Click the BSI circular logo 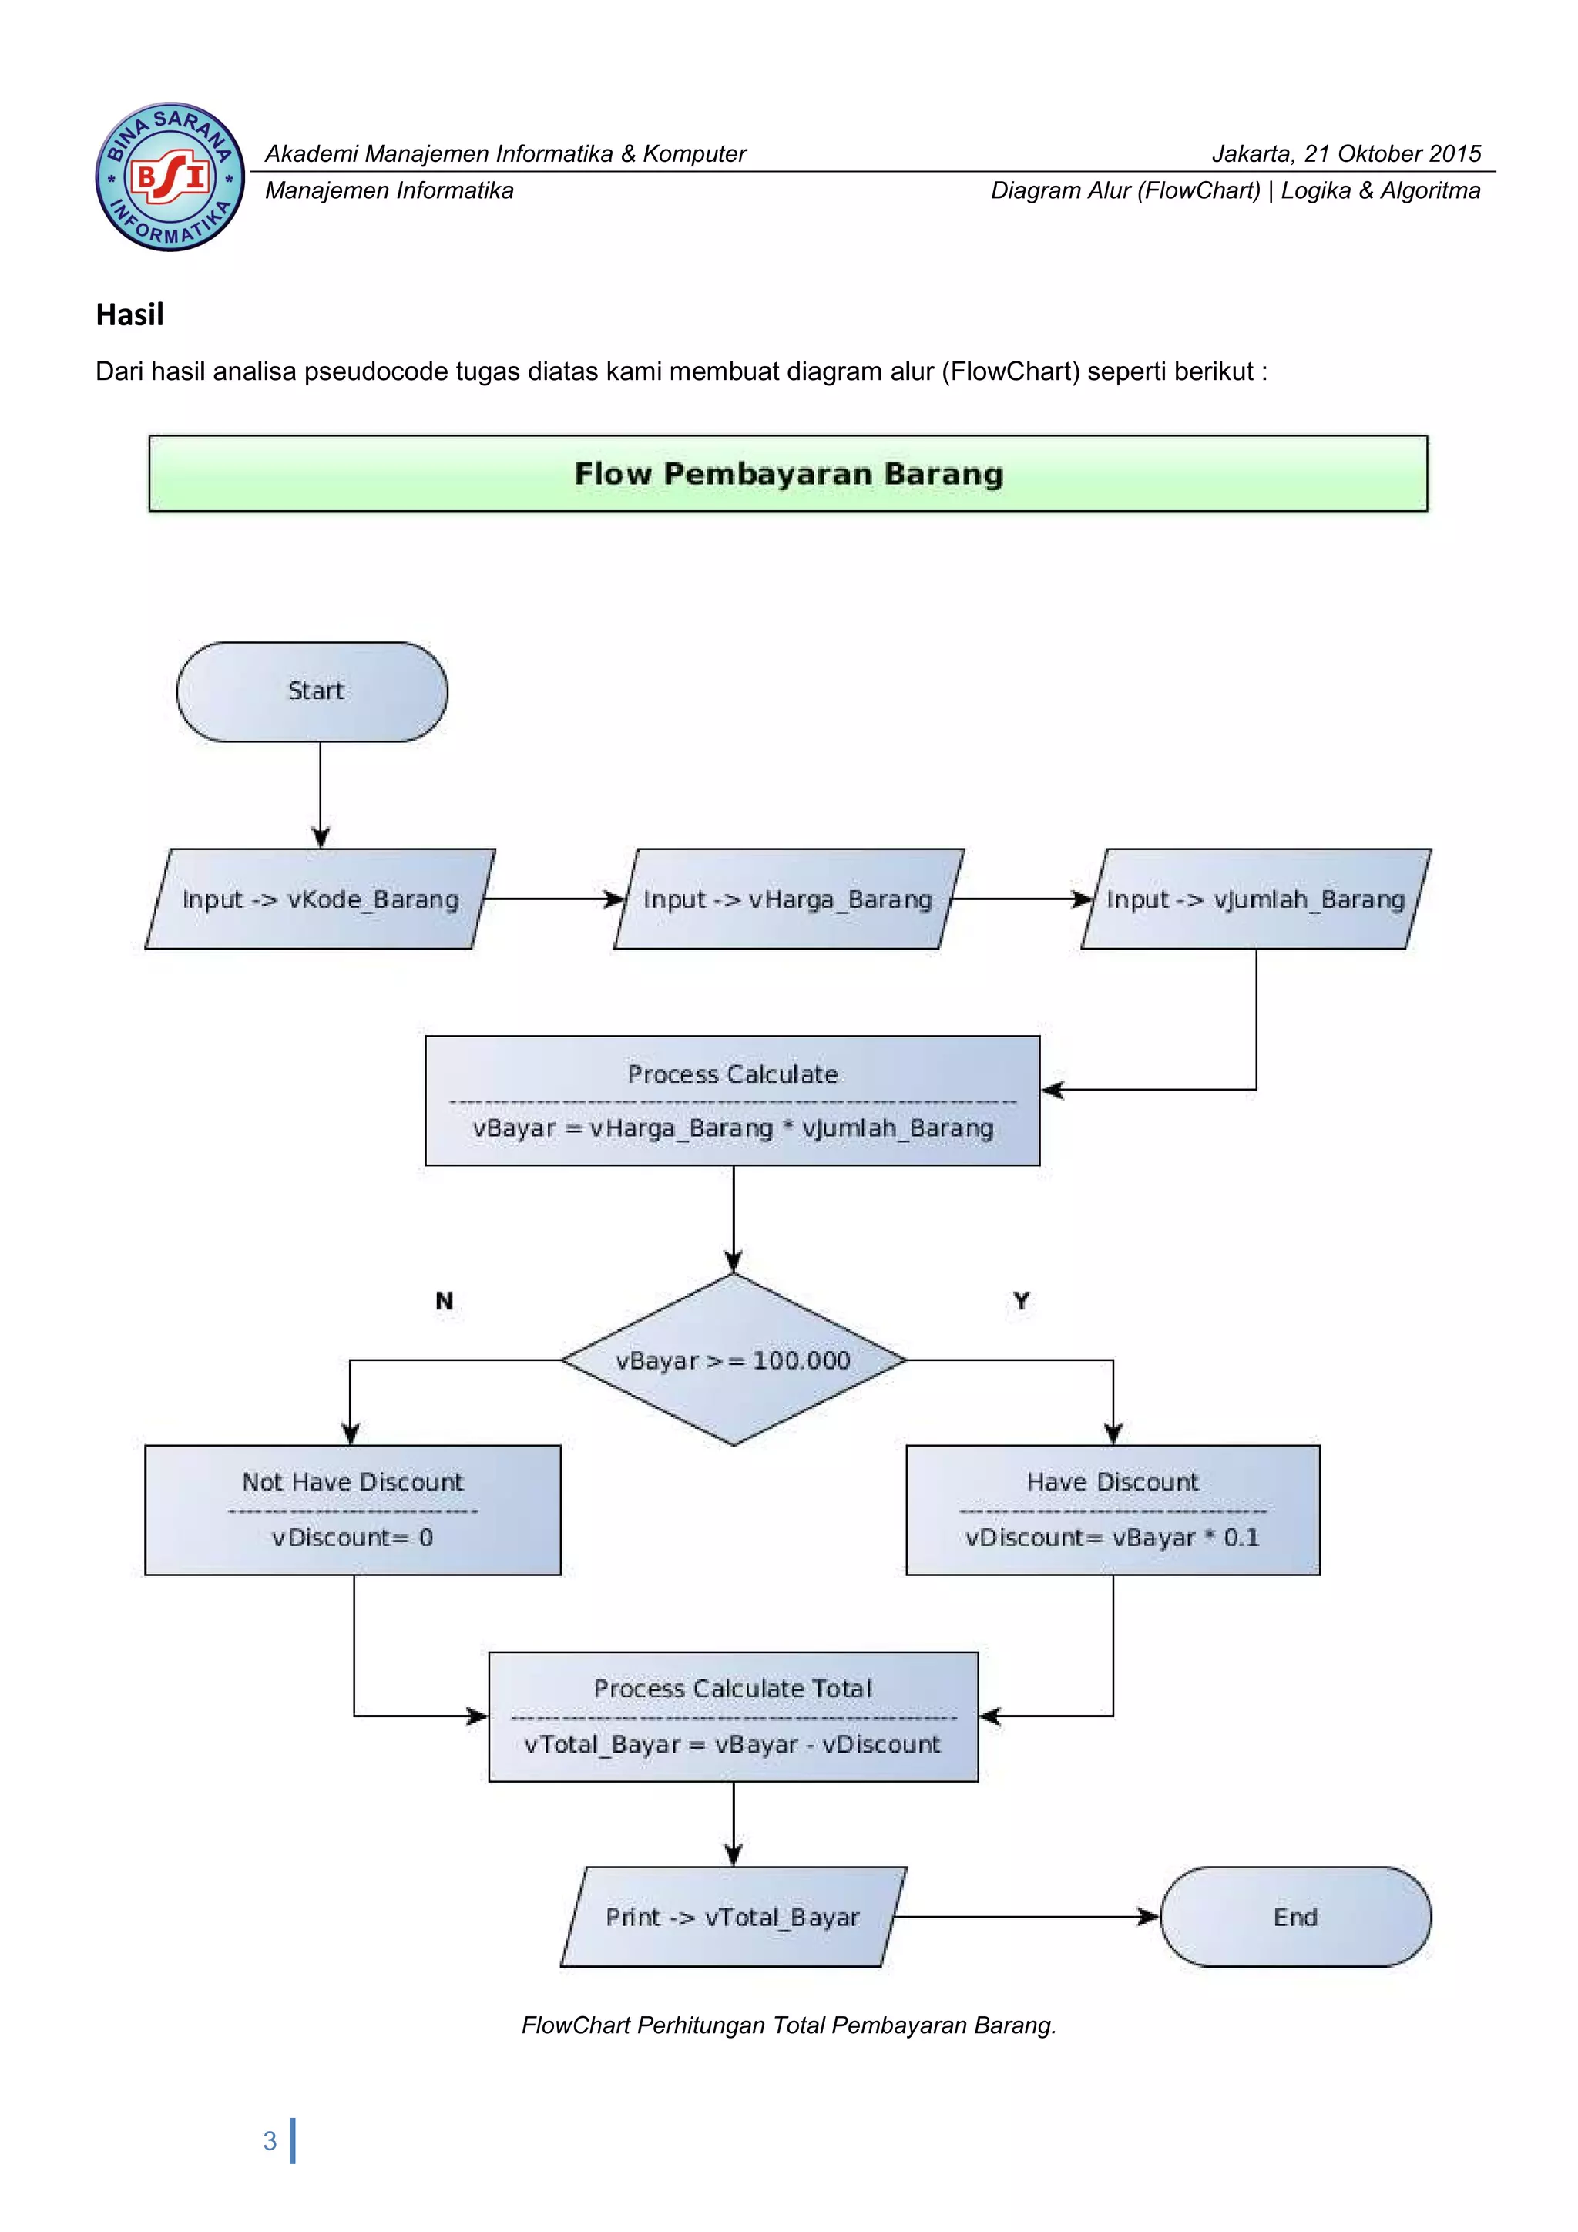click(170, 177)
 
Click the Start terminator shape click(312, 691)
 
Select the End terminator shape click(1295, 1916)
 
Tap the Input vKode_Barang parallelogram click(320, 899)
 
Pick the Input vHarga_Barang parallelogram click(788, 899)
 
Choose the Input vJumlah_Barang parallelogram click(1255, 899)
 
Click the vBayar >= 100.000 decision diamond click(734, 1360)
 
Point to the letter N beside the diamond click(444, 1301)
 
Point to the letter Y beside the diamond click(1021, 1301)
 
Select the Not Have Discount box click(353, 1510)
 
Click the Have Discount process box click(1113, 1510)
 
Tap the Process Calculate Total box click(734, 1716)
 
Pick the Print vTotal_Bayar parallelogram click(734, 1916)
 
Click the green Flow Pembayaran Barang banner click(788, 473)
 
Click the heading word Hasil click(130, 315)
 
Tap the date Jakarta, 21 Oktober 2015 click(1346, 153)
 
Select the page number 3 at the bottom click(270, 2140)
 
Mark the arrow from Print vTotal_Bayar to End click(1025, 1916)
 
